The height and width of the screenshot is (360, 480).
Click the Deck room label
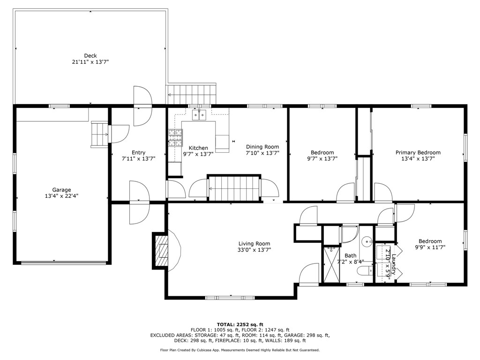90,56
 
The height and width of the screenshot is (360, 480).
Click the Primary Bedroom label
418,152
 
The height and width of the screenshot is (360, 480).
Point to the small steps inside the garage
99,134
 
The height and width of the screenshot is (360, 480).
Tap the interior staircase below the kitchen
233,188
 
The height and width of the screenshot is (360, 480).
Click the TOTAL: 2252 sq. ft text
240,324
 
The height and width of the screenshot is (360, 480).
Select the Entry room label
138,152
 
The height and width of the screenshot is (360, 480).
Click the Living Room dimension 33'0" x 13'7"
254,250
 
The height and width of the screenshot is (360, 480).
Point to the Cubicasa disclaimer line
240,350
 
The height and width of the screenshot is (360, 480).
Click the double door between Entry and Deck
142,106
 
